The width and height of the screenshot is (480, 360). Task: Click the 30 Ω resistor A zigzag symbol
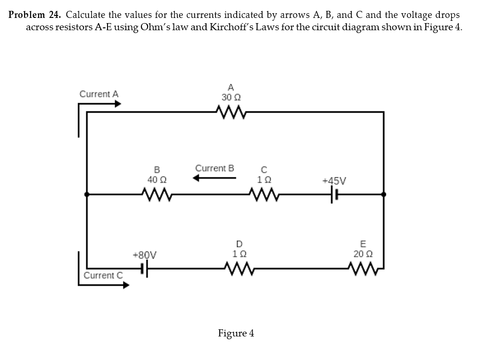coord(230,112)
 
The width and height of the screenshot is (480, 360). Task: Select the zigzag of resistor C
coord(264,193)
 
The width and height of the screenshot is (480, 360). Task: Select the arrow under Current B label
coord(214,178)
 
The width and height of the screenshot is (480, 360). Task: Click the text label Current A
coord(99,94)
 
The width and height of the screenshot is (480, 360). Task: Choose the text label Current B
coord(215,168)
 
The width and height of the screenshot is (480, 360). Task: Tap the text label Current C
coord(103,275)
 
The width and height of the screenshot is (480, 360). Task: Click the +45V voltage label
coord(334,180)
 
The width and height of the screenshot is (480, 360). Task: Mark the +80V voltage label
coord(145,255)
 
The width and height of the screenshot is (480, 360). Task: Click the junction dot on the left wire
coord(85,193)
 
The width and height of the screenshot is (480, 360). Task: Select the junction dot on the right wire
coord(384,193)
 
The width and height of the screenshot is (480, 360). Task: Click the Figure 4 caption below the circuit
coord(236,334)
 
